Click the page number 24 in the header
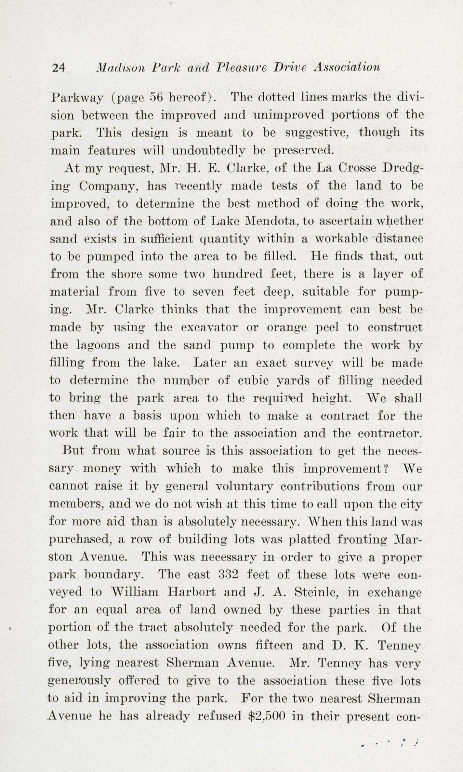59,68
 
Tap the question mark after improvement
385,468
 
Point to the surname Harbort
191,592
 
